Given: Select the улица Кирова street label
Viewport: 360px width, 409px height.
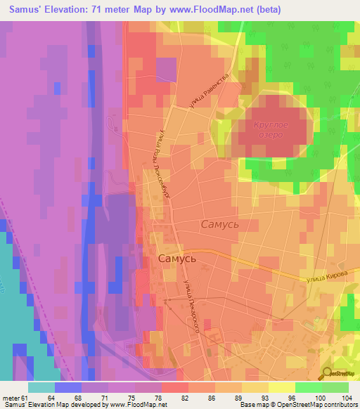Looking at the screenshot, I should tap(325, 279).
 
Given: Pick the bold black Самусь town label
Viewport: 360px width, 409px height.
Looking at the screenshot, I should tap(176, 258).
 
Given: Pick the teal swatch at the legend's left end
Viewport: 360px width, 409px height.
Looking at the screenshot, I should tap(41, 387).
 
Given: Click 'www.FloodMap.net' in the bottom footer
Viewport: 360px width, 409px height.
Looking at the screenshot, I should tap(134, 405).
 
